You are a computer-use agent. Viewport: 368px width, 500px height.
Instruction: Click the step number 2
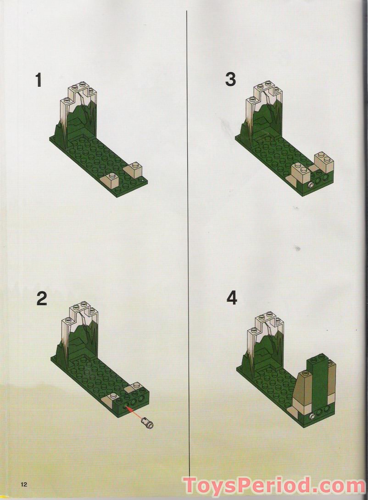[41, 299]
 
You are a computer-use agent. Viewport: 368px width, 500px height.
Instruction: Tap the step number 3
[230, 79]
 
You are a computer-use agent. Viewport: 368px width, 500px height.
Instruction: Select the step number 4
[232, 298]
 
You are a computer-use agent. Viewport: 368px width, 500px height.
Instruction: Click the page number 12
[24, 484]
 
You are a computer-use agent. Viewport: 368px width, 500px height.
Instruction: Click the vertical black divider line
[188, 230]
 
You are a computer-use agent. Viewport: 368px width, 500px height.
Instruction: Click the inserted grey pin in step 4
[313, 416]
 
